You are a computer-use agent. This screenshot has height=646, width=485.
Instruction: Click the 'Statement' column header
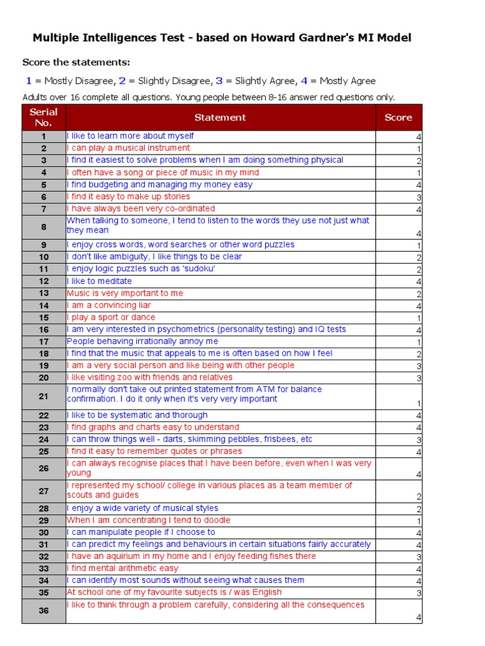click(x=220, y=117)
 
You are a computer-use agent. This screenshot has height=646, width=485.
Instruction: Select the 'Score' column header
click(x=398, y=117)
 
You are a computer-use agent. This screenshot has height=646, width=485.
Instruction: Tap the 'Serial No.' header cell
click(x=44, y=117)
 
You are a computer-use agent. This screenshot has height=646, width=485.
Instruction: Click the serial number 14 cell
click(x=44, y=305)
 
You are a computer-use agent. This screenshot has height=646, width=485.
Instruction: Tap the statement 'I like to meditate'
click(x=99, y=281)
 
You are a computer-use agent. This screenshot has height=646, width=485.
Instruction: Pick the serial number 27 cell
click(x=44, y=491)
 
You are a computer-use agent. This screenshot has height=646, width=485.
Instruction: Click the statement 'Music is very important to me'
click(x=125, y=293)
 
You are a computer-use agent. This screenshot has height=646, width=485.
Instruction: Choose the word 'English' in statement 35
click(x=265, y=592)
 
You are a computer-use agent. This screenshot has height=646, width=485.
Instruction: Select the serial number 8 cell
click(x=44, y=227)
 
